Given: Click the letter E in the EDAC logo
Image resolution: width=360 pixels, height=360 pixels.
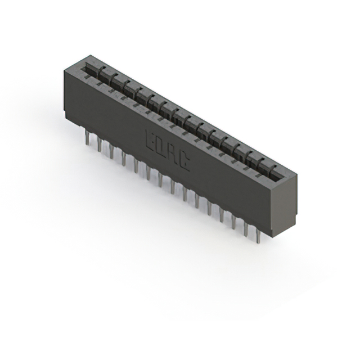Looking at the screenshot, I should click(x=151, y=139).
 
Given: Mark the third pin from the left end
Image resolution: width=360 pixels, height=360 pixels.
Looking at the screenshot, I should click(x=111, y=151).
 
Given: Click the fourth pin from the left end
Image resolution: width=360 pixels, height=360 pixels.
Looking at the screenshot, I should click(x=124, y=158).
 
